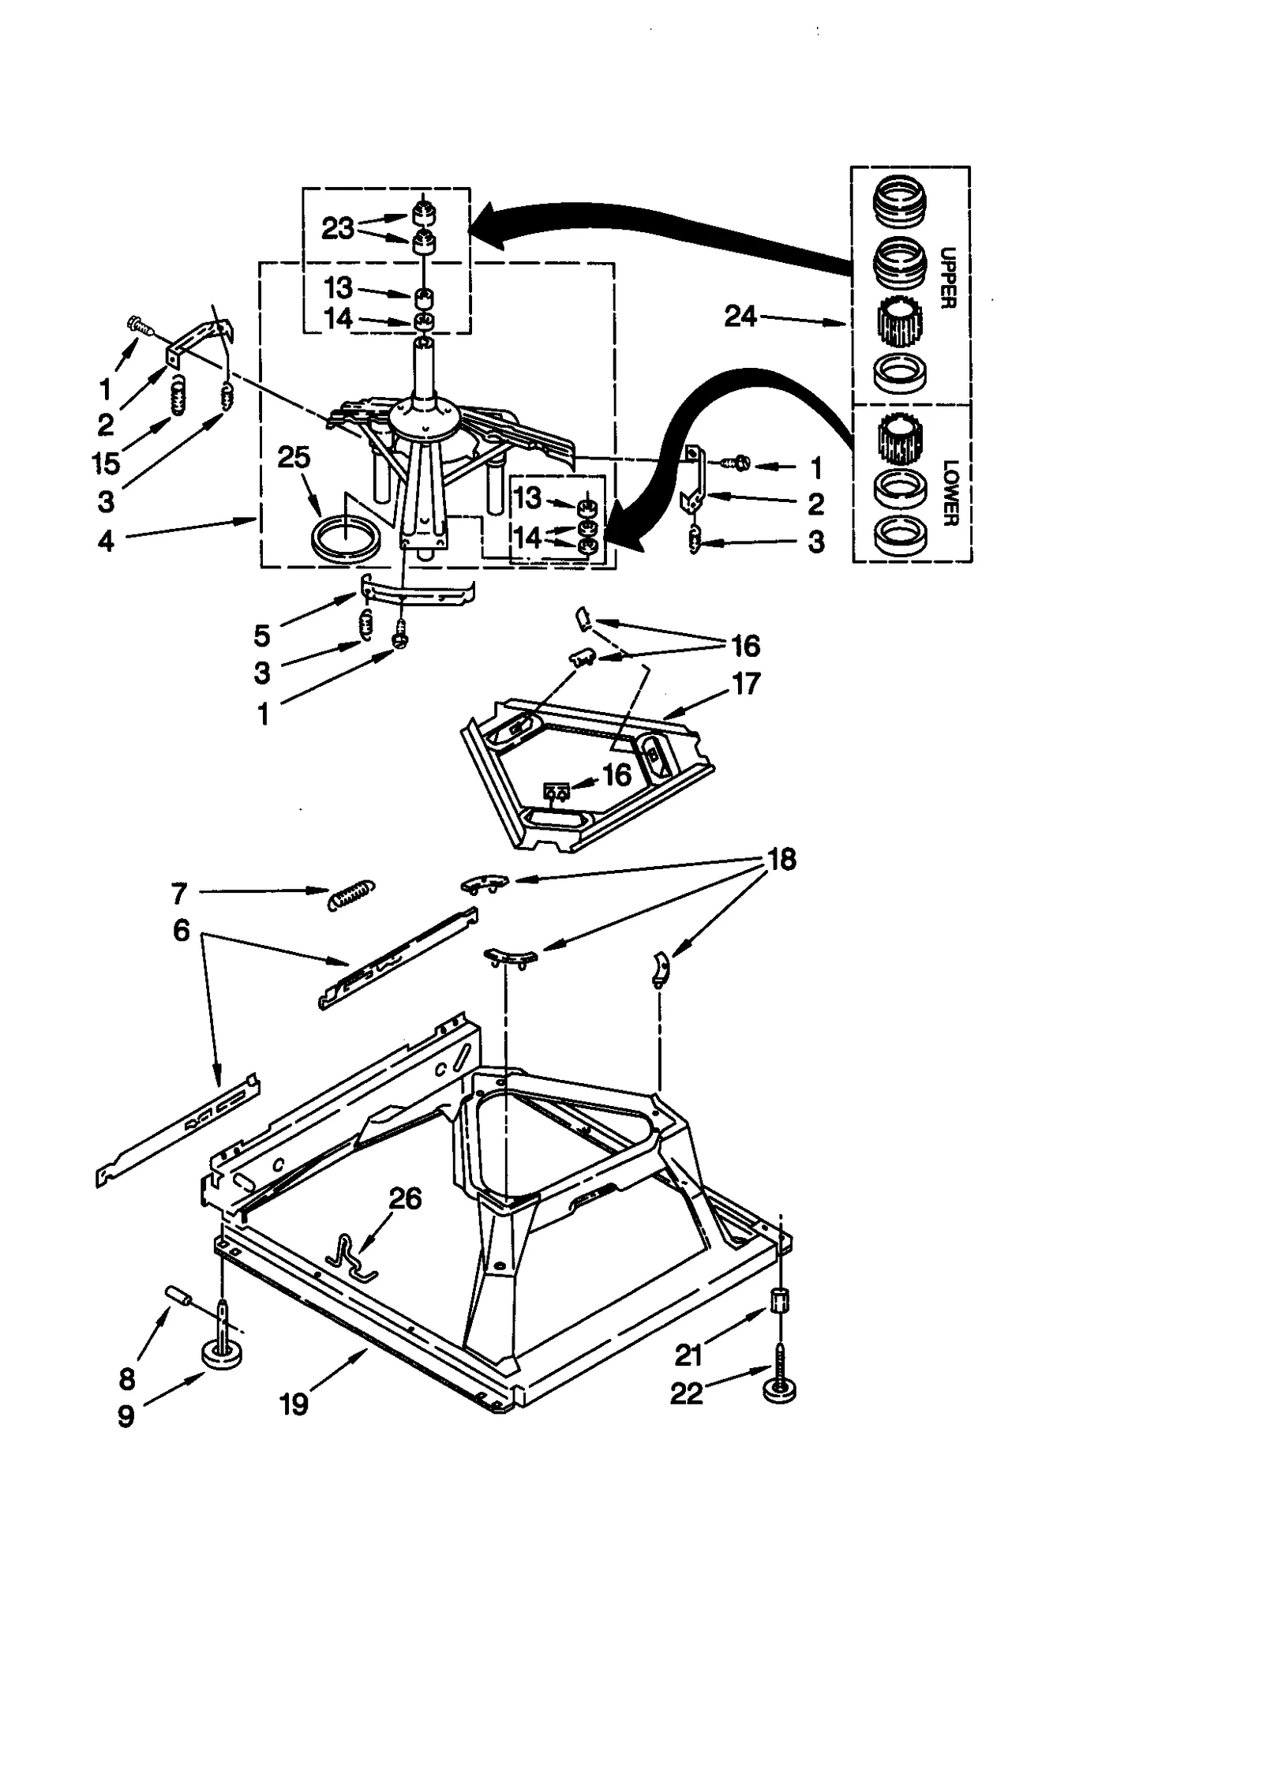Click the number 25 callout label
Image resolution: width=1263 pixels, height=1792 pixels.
pyautogui.click(x=294, y=457)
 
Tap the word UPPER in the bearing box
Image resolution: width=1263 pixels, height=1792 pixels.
pyautogui.click(x=948, y=277)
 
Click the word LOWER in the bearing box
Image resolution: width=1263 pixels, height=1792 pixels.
pyautogui.click(x=950, y=493)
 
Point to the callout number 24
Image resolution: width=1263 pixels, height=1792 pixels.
pyautogui.click(x=740, y=317)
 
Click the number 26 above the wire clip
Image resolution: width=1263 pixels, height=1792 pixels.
pyautogui.click(x=405, y=1198)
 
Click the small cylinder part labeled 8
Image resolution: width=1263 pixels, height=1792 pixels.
pyautogui.click(x=179, y=1296)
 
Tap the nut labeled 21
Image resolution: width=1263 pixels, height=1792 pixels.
pyautogui.click(x=781, y=1300)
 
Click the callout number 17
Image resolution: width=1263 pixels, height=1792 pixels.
pyautogui.click(x=747, y=683)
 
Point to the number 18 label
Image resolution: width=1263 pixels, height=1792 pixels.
pyautogui.click(x=781, y=859)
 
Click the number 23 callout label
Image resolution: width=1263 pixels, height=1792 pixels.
pyautogui.click(x=338, y=228)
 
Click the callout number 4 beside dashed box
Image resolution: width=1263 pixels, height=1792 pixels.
pyautogui.click(x=106, y=541)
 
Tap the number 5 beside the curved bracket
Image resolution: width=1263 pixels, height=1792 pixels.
pyautogui.click(x=262, y=635)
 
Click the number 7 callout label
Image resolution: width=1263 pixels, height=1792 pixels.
pyautogui.click(x=179, y=894)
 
